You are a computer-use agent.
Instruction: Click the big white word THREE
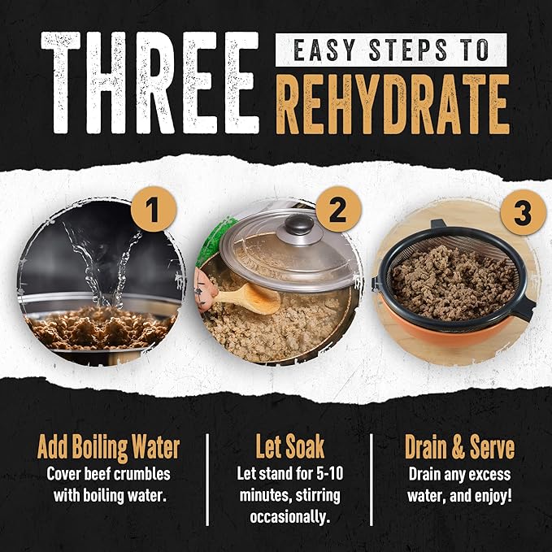[150, 83]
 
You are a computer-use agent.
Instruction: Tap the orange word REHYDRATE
[393, 105]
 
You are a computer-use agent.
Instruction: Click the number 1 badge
[154, 210]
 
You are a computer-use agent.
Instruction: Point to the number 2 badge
[339, 210]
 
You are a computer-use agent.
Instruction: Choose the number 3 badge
[523, 212]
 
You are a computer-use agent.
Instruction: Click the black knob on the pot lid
[299, 225]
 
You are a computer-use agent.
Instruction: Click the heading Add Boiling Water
[108, 447]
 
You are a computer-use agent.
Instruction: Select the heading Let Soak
[289, 446]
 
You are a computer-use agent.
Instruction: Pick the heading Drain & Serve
[459, 447]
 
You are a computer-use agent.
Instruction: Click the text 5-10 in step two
[329, 473]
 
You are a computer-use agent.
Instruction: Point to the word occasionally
[290, 517]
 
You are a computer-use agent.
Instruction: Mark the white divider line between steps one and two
[207, 480]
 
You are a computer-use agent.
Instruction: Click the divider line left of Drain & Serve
[372, 480]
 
